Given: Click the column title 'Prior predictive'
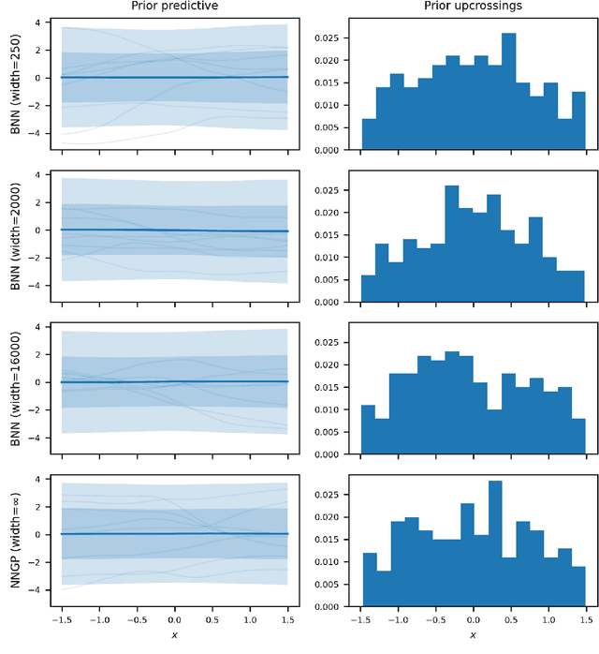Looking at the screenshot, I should [x=174, y=7].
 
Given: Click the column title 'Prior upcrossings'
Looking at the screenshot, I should [x=473, y=7].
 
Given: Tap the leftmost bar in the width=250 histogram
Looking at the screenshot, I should [x=369, y=134].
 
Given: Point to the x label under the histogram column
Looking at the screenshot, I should [x=473, y=635].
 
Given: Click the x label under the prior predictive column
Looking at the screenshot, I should [x=174, y=635].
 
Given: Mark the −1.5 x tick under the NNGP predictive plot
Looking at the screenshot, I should [x=62, y=619].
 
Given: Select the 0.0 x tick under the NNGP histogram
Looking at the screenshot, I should [x=473, y=619].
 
